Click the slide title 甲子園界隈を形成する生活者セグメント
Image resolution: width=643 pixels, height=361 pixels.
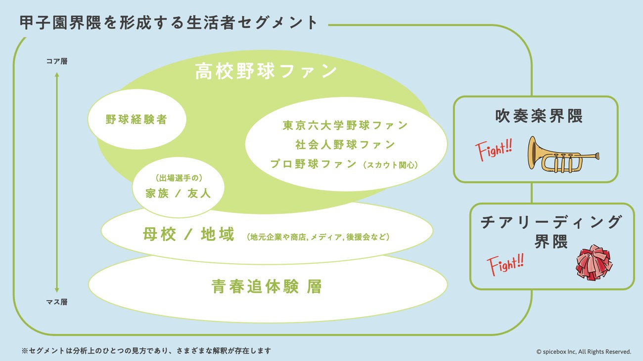click(169, 22)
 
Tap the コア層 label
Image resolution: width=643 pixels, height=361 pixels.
click(57, 61)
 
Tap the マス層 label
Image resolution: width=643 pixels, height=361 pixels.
click(57, 302)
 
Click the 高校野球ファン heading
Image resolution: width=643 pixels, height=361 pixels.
click(266, 71)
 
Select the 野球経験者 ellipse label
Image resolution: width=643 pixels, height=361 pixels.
click(137, 120)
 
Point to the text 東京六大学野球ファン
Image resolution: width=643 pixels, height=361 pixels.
click(345, 125)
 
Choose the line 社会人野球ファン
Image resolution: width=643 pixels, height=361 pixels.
click(345, 145)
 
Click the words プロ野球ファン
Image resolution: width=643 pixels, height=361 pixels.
click(314, 164)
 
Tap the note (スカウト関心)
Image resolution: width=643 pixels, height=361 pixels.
click(390, 165)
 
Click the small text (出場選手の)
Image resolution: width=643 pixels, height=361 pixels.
click(179, 178)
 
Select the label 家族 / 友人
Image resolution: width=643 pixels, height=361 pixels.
click(178, 194)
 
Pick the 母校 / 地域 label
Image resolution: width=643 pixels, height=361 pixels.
click(188, 234)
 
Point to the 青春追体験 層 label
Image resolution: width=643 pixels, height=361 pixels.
click(267, 286)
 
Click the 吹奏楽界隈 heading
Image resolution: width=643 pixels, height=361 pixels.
click(539, 116)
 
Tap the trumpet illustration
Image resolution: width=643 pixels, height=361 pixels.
click(563, 155)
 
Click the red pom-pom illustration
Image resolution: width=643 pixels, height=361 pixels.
click(594, 262)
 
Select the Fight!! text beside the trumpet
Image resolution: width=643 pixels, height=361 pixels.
click(494, 150)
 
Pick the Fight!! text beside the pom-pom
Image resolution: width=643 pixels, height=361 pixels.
click(505, 264)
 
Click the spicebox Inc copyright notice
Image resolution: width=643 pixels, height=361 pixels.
click(584, 352)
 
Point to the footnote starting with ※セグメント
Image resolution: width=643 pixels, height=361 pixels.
click(146, 351)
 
